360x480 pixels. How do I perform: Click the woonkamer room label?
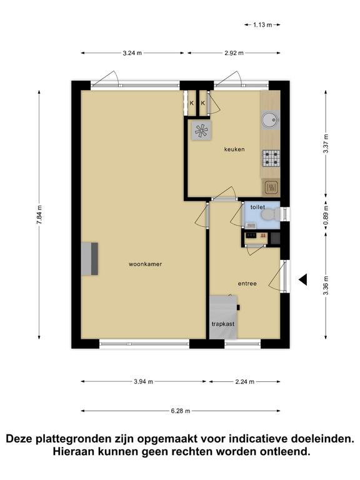click(x=145, y=264)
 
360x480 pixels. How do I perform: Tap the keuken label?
click(x=234, y=149)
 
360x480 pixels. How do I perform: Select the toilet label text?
click(x=257, y=207)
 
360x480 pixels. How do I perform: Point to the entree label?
click(x=247, y=284)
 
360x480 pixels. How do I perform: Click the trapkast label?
click(x=223, y=324)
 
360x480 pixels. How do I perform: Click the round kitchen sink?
click(x=270, y=120)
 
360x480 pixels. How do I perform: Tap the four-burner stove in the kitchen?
click(x=271, y=158)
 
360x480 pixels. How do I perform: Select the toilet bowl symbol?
click(x=271, y=214)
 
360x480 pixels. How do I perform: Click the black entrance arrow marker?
click(x=303, y=280)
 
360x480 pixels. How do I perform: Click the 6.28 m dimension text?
click(x=180, y=411)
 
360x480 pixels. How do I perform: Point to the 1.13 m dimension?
click(x=262, y=25)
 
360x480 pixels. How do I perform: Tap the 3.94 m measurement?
click(x=143, y=381)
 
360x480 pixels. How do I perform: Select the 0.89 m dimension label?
click(x=326, y=214)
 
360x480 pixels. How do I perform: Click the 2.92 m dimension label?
click(x=234, y=53)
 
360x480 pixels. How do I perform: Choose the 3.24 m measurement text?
click(x=132, y=53)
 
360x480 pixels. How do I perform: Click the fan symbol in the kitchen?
click(x=201, y=131)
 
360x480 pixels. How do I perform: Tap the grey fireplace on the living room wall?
click(x=90, y=259)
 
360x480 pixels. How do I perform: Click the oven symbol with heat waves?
click(x=271, y=187)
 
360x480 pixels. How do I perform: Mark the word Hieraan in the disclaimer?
click(x=72, y=451)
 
